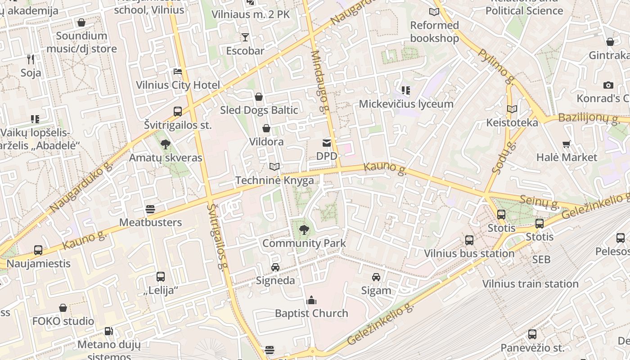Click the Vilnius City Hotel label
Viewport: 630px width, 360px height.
[178, 85]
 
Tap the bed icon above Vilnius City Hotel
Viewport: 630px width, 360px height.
[178, 72]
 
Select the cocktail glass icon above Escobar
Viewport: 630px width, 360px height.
[245, 37]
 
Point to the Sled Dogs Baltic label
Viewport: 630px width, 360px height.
[259, 110]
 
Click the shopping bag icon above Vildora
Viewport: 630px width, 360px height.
[266, 129]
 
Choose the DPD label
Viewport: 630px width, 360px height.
[327, 156]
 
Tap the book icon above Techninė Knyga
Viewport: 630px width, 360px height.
[274, 167]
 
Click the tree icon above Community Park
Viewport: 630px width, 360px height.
[304, 230]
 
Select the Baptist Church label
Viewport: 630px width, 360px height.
[311, 313]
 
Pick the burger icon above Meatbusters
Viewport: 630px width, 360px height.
[150, 209]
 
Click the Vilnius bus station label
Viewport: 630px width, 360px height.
[469, 253]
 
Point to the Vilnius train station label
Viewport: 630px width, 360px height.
[531, 284]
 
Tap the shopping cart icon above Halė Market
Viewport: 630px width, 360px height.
[567, 144]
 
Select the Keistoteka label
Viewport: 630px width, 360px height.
[512, 123]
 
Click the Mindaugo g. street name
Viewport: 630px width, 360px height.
[320, 81]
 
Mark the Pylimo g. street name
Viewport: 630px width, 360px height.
[496, 66]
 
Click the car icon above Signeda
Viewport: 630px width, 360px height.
[275, 267]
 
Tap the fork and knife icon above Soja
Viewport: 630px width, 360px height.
[31, 59]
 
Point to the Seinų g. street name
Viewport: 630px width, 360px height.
[540, 202]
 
